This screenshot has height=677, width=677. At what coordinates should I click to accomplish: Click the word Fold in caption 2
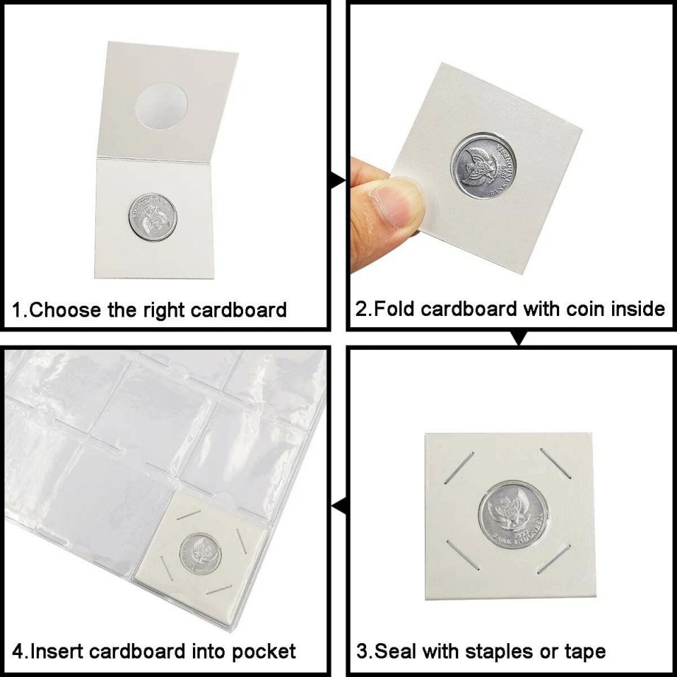click(395, 308)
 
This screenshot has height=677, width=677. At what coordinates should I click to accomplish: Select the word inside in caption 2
click(637, 308)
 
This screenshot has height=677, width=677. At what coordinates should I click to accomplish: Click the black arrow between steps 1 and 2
click(339, 180)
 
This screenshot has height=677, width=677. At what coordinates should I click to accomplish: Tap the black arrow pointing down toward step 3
click(519, 338)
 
